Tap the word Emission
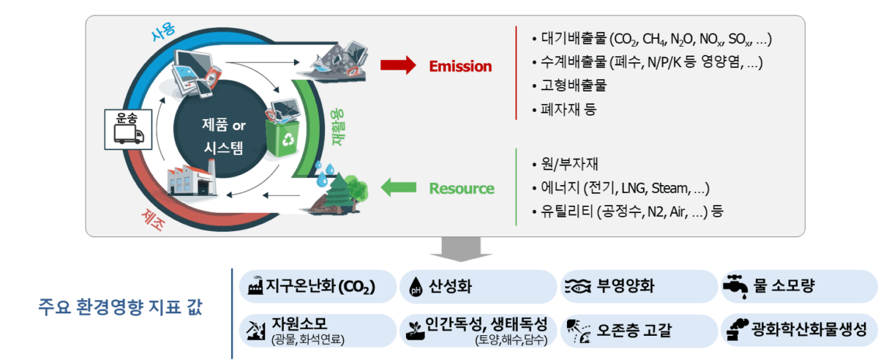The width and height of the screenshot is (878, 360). [460, 67]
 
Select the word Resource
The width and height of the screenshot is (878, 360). [461, 189]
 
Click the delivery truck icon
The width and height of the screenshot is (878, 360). [129, 135]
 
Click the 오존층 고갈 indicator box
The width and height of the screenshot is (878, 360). [638, 330]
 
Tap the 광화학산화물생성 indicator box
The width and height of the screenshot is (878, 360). [798, 330]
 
